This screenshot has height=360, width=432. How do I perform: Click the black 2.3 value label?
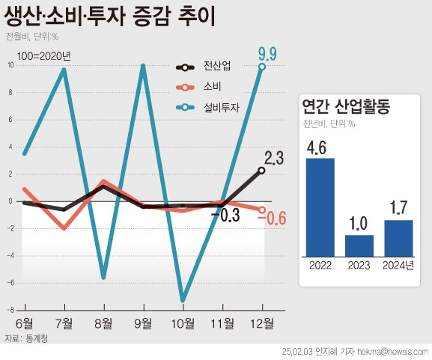tap(273, 158)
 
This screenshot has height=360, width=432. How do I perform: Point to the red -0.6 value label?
tap(273, 219)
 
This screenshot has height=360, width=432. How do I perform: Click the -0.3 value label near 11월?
tap(225, 216)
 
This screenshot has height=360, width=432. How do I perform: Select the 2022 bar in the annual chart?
tap(320, 206)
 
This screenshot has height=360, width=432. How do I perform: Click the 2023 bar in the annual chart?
tap(359, 245)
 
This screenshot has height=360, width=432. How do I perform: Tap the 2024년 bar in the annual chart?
tap(398, 237)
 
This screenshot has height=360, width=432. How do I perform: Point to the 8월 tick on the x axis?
tap(103, 323)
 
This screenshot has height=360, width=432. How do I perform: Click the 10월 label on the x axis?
tap(183, 323)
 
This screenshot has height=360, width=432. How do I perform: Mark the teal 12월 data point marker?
tap(262, 67)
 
